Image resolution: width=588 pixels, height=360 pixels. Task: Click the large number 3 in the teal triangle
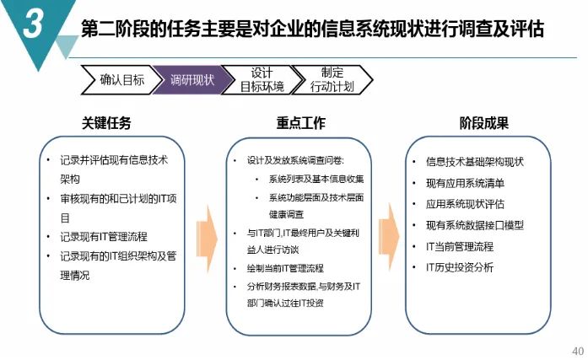[x=33, y=25]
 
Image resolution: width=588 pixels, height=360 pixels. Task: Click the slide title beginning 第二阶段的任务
[x=312, y=30]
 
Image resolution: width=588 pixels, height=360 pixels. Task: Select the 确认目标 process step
[x=121, y=80]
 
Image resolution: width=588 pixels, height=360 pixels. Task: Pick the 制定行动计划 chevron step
[x=331, y=79]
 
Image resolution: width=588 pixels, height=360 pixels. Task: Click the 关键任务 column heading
[x=107, y=123]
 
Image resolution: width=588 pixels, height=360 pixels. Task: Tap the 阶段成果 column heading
[x=483, y=123]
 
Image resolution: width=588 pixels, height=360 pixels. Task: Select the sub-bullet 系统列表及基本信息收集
[x=316, y=179]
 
